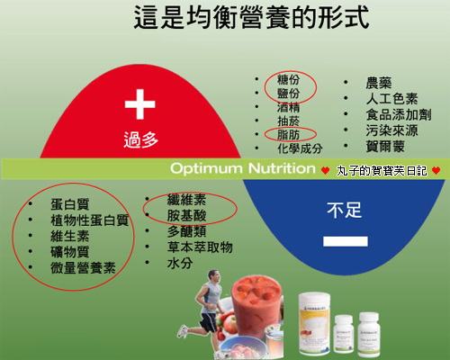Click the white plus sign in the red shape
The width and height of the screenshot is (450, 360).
tap(139, 104)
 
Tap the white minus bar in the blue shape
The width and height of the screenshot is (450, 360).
tap(346, 241)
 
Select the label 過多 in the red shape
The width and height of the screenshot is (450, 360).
tap(140, 139)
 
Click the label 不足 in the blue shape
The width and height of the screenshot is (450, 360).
tap(345, 210)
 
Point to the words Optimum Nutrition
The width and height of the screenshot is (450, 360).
tap(243, 168)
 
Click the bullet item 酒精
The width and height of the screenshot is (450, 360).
tap(288, 107)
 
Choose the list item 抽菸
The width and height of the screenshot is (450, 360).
tap(288, 121)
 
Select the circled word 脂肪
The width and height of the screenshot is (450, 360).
tap(288, 135)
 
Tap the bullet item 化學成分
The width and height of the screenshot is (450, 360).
tap(300, 148)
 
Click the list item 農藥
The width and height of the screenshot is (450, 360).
tap(379, 83)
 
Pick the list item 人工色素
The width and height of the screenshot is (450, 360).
tap(391, 99)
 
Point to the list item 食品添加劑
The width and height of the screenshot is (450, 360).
tap(399, 114)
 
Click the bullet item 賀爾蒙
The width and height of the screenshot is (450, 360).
tap(385, 147)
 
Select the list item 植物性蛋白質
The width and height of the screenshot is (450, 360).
tap(90, 220)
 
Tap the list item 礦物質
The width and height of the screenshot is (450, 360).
tap(70, 252)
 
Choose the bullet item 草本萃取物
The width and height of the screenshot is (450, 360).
tap(200, 247)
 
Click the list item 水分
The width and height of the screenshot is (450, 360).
tap(180, 263)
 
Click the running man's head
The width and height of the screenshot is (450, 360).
tap(213, 276)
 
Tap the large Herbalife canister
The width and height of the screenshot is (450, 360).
tap(314, 323)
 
